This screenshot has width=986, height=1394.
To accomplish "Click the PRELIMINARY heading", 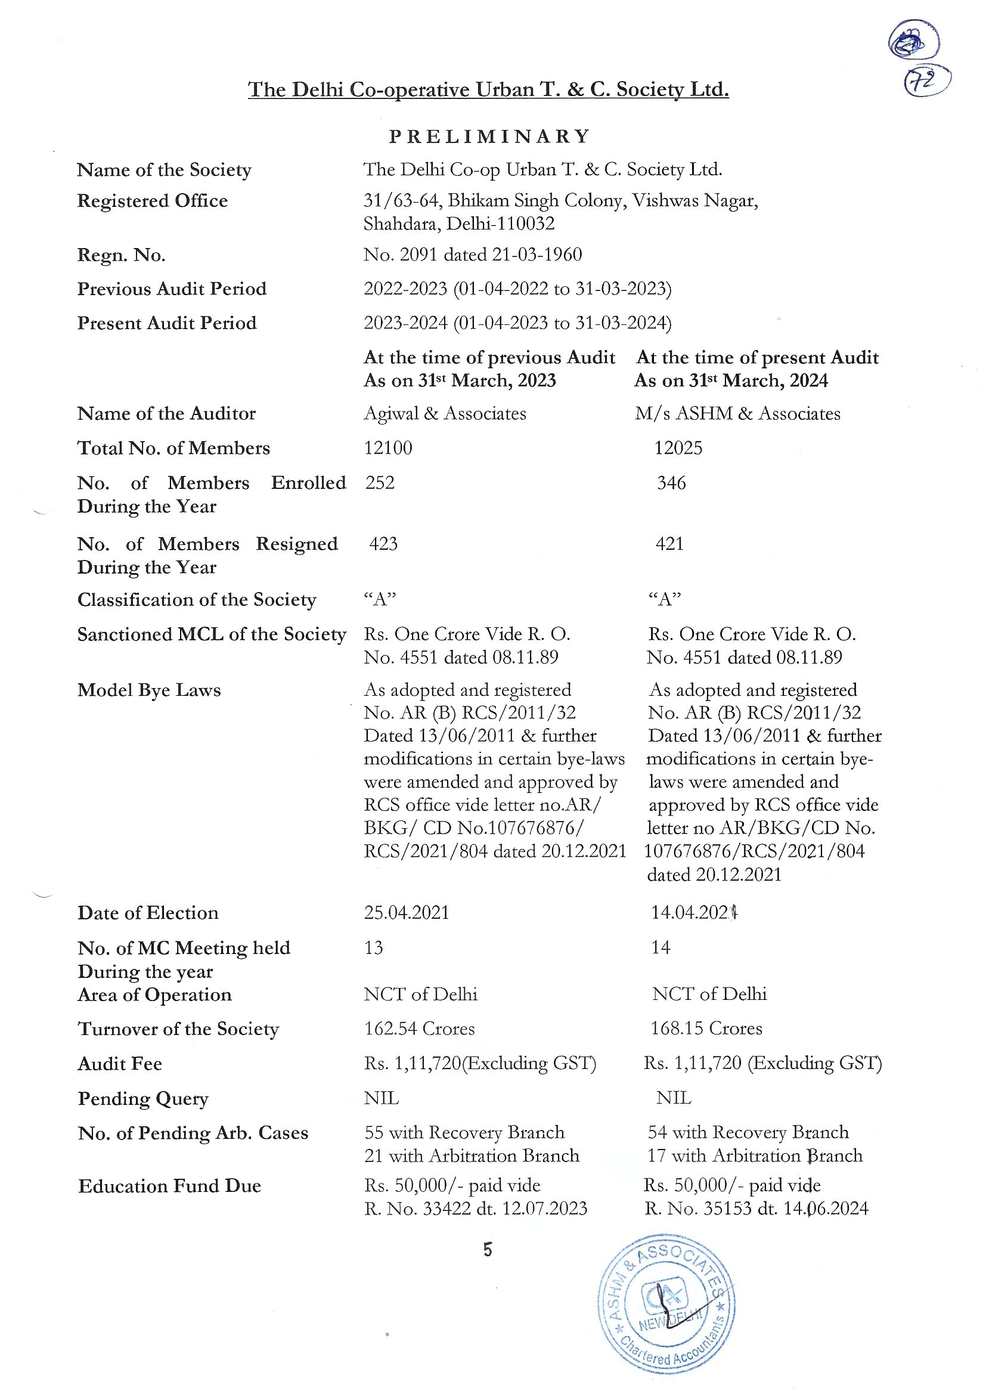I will pyautogui.click(x=489, y=136).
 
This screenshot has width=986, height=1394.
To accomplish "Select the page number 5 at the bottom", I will pyautogui.click(x=488, y=1250).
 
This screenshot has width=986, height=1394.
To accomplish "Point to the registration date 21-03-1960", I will pyautogui.click(x=537, y=255).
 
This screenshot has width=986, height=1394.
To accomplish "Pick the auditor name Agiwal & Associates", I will pyautogui.click(x=445, y=413).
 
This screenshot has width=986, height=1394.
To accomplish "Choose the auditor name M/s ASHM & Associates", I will pyautogui.click(x=737, y=413).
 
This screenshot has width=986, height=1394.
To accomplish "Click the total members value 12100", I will pyautogui.click(x=388, y=448).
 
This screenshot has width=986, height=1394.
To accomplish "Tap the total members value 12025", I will pyautogui.click(x=678, y=448).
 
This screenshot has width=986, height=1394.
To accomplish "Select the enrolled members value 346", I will pyautogui.click(x=671, y=484).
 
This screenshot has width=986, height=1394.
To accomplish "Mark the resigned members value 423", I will pyautogui.click(x=383, y=543).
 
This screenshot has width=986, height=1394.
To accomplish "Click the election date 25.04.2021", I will pyautogui.click(x=406, y=912).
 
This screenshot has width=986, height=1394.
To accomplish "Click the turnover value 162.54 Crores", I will pyautogui.click(x=419, y=1029).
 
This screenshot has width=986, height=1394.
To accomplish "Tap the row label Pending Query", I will pyautogui.click(x=143, y=1098).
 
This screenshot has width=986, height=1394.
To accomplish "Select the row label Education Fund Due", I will pyautogui.click(x=169, y=1186).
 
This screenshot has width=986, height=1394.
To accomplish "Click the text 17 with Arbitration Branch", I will pyautogui.click(x=755, y=1156).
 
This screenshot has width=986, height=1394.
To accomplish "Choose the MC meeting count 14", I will pyautogui.click(x=661, y=948).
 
